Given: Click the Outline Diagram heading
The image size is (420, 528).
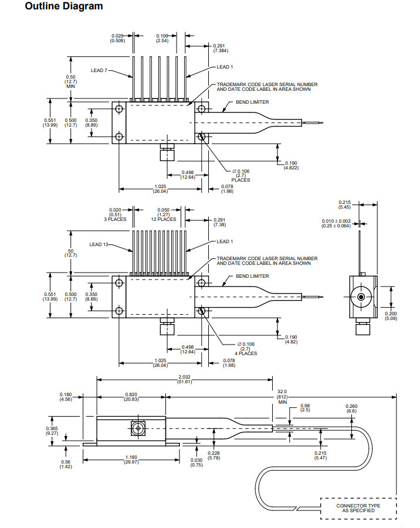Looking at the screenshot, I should coord(56,6).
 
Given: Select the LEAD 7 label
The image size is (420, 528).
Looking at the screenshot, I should coord(100,70).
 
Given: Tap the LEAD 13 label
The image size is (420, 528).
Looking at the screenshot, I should coord(100,244).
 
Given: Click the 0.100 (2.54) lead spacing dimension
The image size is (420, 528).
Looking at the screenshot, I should coord(162,39).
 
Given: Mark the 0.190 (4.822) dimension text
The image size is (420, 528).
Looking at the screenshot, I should coord(292,165).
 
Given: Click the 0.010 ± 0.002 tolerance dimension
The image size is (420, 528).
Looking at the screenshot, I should coord(336,223).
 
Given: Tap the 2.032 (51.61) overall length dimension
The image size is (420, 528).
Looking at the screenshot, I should coord(185,379).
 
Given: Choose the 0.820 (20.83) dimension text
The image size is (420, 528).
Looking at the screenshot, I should coord(131,397).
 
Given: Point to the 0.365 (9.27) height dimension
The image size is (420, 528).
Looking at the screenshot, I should coord(52,431).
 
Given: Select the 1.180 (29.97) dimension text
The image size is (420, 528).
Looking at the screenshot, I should coord(131,460).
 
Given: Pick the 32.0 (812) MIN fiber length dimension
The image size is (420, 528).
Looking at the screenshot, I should coord(283,397).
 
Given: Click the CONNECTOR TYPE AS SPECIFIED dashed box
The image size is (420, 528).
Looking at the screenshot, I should coord(358,507).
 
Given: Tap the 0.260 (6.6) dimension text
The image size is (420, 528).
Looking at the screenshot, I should coord(351,408).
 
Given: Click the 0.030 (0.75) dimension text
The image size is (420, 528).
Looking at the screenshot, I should coord(197,462).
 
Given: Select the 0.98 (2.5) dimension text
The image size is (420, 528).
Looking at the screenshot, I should coord(304,407).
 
